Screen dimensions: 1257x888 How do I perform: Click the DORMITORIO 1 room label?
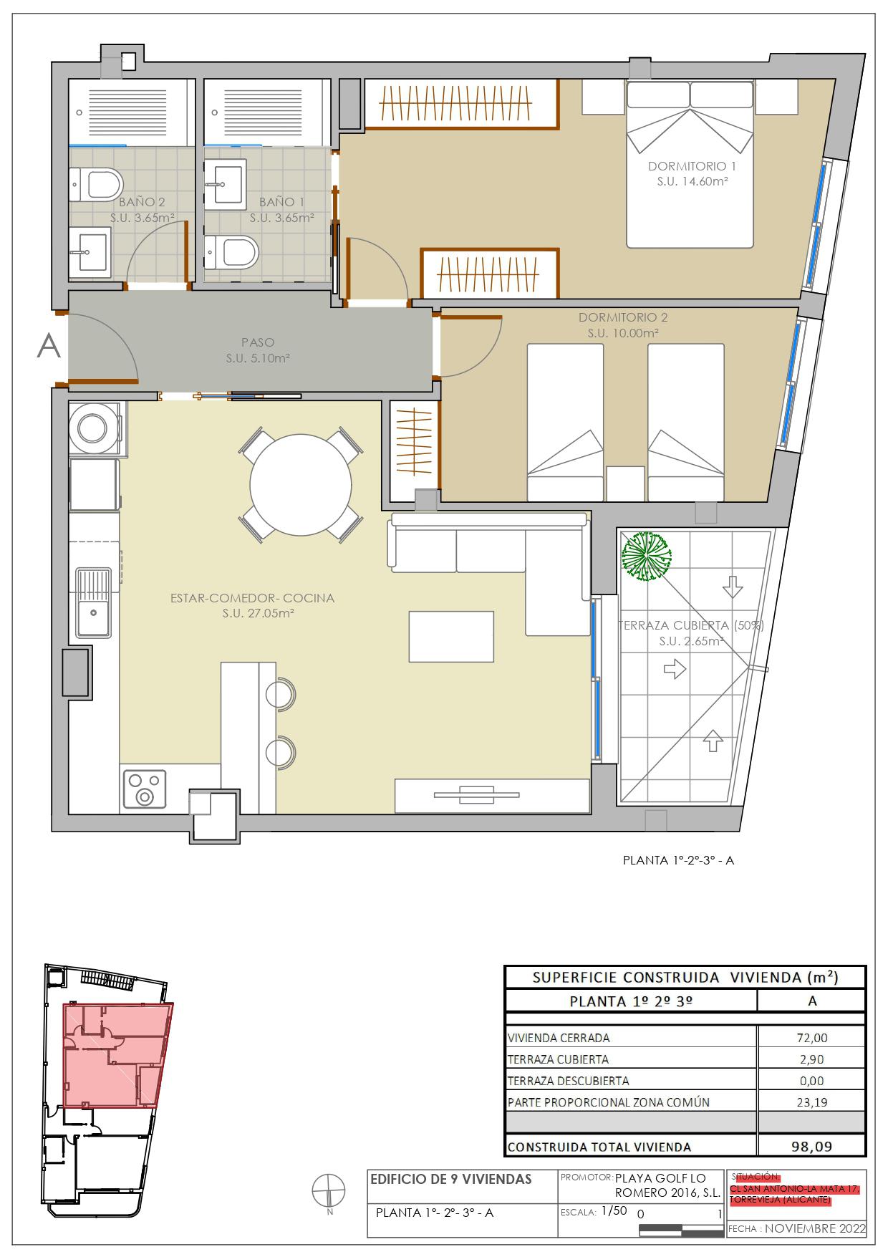click(692, 166)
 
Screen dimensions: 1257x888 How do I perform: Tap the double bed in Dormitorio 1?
click(690, 172)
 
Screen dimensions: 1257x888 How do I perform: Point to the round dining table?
click(300, 485)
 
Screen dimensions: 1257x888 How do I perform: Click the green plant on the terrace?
click(646, 557)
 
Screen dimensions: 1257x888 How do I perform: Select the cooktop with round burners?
click(145, 788)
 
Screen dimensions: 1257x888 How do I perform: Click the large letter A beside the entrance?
click(49, 346)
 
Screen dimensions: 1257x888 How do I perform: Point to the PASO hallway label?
click(258, 343)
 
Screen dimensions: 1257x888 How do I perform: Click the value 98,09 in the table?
click(811, 1146)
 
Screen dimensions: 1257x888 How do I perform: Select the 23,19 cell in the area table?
click(811, 1102)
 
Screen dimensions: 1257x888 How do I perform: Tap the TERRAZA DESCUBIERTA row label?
click(568, 1081)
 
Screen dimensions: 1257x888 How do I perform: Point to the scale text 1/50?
click(614, 1210)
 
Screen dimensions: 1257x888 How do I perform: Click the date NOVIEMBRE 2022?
click(815, 1228)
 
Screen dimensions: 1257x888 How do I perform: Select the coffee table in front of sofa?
click(451, 636)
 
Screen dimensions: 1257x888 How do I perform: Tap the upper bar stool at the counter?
click(280, 693)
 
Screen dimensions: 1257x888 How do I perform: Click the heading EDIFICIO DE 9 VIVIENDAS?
click(451, 1179)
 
